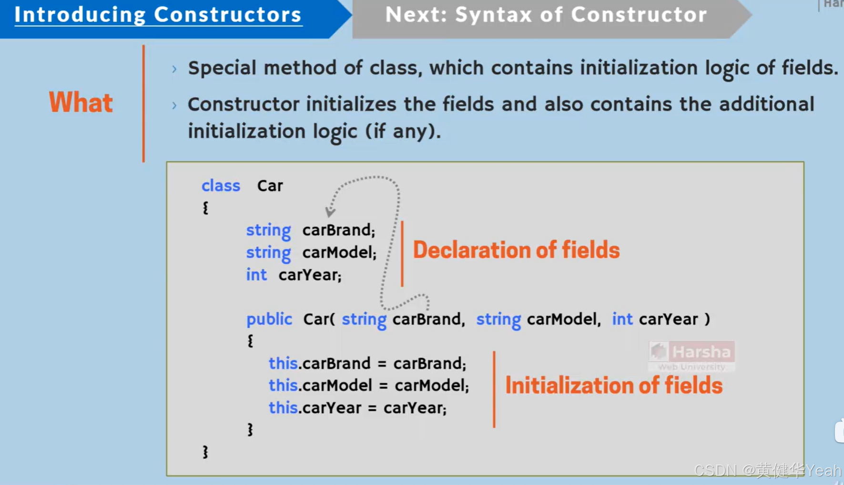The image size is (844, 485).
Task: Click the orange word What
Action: coord(81,102)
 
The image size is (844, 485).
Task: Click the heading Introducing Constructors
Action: coord(158,15)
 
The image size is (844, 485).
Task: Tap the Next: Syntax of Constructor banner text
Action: coord(546,15)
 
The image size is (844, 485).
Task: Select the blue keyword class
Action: coord(221,185)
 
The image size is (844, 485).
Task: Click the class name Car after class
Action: coord(270,185)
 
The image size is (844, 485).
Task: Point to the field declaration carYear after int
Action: coord(310,275)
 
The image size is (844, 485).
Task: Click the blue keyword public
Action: coord(269,319)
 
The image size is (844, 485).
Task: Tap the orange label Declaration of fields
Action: coord(516,250)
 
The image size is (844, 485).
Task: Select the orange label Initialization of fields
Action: coord(613,385)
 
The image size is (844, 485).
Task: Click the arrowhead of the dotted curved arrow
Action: coord(330,212)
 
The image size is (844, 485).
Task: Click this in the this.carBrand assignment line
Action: coord(283,363)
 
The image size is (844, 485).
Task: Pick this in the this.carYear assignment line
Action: coord(283,408)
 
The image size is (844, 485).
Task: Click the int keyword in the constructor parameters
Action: coord(622,319)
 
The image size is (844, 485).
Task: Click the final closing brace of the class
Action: coord(205,452)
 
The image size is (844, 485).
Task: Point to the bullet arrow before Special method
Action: coord(174,69)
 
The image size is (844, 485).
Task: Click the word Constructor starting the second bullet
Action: coord(243,104)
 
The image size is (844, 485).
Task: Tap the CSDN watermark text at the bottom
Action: coord(767,471)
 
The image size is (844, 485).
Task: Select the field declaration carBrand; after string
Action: coord(338,230)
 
